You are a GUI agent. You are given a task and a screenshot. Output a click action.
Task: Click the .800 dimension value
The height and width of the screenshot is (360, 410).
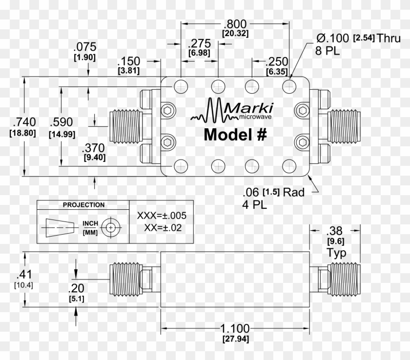coord(235,24)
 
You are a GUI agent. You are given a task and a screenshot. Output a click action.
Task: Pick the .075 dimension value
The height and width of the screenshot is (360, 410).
coord(84,47)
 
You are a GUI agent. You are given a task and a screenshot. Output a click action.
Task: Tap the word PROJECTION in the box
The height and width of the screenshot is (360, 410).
coord(83,205)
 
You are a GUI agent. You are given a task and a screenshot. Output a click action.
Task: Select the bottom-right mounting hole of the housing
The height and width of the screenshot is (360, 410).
coord(289,165)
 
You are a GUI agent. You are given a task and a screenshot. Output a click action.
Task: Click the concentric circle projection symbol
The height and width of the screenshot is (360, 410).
coord(111,228)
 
